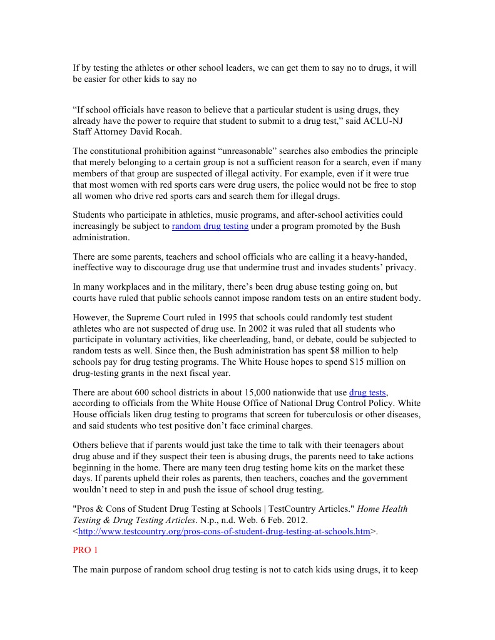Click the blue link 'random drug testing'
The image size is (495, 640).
click(210, 226)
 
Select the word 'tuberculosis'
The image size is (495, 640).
click(327, 414)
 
